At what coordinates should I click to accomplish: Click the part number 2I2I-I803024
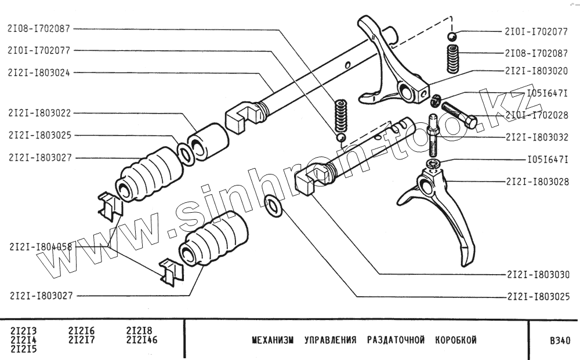pos(39,72)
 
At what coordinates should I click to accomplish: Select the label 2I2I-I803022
pos(39,113)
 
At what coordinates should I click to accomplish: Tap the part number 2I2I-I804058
pos(41,246)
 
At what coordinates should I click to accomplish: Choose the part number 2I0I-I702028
pos(536,114)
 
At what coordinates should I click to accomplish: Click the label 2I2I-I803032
pos(536,137)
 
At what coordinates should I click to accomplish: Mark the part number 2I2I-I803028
pos(536,181)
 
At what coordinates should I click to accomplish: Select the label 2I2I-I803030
pos(536,274)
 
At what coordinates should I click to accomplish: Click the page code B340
pos(559,340)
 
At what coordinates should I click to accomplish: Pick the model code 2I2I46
pos(142,340)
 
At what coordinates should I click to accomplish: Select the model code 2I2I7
pos(81,340)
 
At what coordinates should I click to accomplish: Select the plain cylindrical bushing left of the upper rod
pos(207,142)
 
